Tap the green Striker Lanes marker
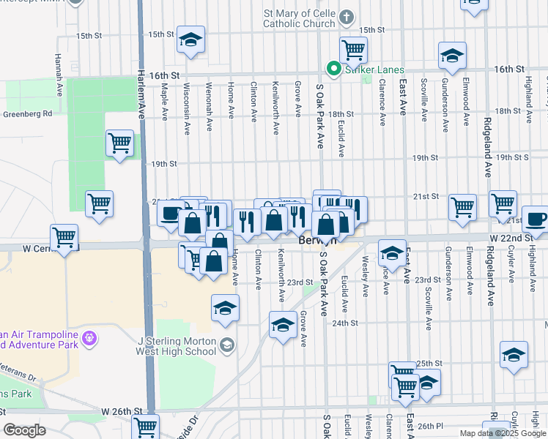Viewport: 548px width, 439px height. click(334, 70)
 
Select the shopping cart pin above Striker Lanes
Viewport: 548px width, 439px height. click(353, 50)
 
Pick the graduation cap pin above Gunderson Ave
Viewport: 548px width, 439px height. click(452, 56)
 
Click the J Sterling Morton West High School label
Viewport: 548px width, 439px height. click(177, 345)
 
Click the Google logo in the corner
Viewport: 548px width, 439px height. click(24, 429)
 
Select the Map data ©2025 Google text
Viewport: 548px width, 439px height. click(503, 433)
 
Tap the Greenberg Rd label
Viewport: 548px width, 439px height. click(27, 113)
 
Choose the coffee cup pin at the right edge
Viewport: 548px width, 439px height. click(535, 220)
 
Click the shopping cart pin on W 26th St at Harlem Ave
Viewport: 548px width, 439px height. click(146, 427)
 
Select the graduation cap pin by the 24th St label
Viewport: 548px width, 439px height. click(283, 325)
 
